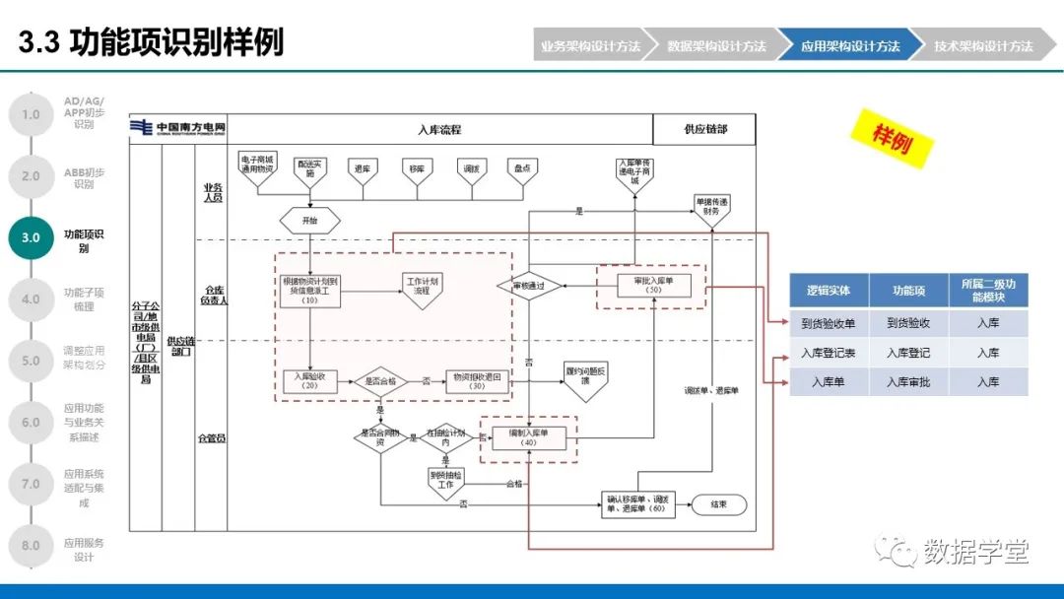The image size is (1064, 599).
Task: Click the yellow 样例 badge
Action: (892, 138)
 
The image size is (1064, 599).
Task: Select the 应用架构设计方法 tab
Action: (849, 46)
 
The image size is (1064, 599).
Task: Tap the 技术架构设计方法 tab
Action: (983, 46)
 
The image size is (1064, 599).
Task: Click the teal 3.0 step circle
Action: (31, 237)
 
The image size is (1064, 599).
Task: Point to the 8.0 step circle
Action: (31, 546)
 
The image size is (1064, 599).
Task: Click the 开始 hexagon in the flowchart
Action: (310, 221)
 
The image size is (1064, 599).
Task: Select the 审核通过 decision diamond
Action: (529, 287)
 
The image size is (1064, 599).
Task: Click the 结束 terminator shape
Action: (718, 504)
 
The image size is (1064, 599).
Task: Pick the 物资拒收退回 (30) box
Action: (478, 381)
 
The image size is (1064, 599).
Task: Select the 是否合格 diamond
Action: (381, 380)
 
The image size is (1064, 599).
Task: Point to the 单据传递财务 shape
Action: (711, 206)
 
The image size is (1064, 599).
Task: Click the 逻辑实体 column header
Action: (829, 291)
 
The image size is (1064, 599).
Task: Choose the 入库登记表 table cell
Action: (829, 353)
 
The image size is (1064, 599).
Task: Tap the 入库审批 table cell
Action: (908, 381)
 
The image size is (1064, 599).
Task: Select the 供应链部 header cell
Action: (704, 129)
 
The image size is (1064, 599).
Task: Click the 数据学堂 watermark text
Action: (974, 552)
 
